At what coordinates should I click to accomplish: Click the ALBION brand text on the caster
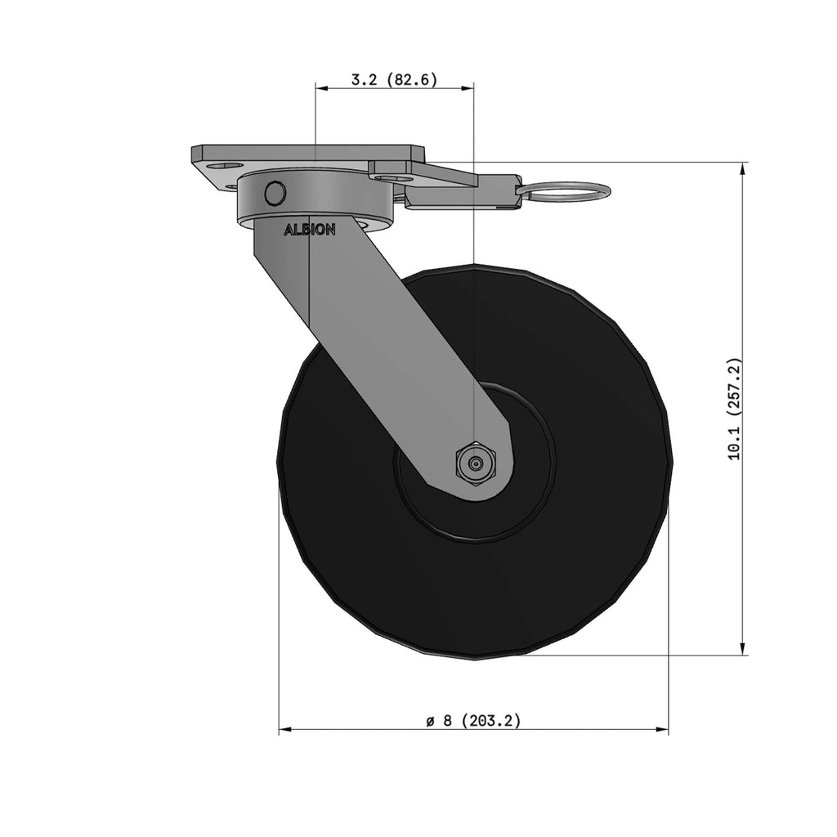[x=310, y=230]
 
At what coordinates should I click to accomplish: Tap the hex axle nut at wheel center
[x=475, y=464]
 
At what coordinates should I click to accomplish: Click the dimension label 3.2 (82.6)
[x=394, y=79]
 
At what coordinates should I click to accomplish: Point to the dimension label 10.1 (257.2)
[x=735, y=409]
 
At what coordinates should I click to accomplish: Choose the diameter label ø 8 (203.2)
[x=473, y=721]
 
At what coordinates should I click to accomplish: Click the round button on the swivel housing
[x=275, y=193]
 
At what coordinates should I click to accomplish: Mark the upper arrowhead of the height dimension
[x=742, y=168]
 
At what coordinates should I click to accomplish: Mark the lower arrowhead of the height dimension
[x=742, y=648]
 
